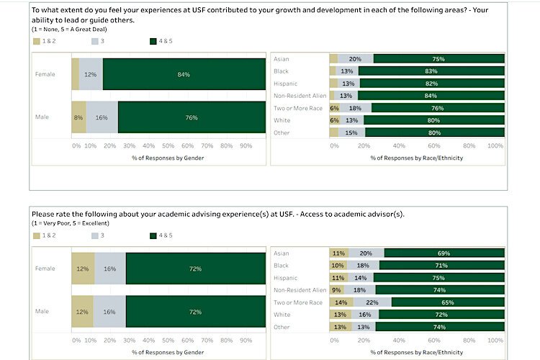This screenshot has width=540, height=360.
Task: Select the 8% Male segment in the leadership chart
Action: click(x=78, y=117)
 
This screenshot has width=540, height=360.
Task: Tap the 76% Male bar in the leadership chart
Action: click(x=191, y=117)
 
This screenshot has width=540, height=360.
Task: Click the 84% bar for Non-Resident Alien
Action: click(x=431, y=96)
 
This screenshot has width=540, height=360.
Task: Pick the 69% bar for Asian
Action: click(x=443, y=253)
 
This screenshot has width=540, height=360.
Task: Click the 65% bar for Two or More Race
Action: click(x=448, y=302)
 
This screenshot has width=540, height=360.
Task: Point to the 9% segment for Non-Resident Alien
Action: click(x=337, y=290)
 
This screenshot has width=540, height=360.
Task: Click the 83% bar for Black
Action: click(x=431, y=71)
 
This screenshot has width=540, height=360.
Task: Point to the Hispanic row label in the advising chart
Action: click(x=287, y=278)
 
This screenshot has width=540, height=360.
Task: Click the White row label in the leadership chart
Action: click(x=282, y=120)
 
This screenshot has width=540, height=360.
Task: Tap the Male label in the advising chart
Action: click(x=43, y=311)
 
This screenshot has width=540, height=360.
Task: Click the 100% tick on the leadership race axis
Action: click(x=495, y=145)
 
